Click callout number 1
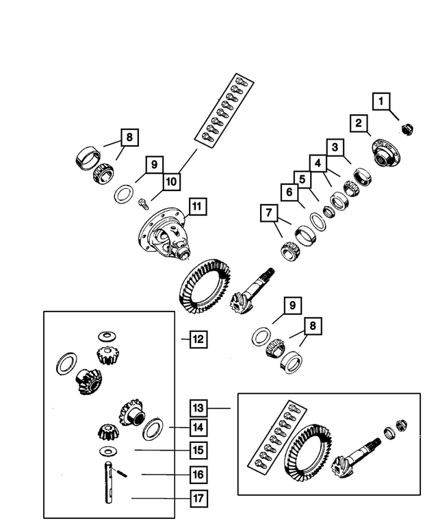(382, 102)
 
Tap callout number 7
(268, 214)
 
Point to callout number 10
(170, 181)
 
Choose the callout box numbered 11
(197, 206)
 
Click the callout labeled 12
(197, 339)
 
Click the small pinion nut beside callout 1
(407, 126)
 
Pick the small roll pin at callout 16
(120, 472)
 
